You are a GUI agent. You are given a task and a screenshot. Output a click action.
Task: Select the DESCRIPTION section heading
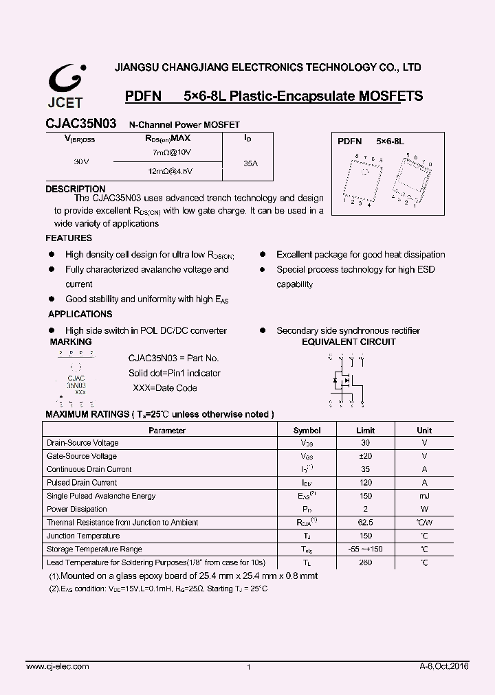75,189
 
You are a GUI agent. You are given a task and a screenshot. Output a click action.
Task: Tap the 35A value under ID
251,164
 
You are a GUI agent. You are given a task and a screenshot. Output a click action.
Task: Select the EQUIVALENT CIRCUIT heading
349,341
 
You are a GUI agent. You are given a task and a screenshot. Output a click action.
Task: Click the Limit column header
365,431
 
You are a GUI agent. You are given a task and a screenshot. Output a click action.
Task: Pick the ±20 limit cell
365,456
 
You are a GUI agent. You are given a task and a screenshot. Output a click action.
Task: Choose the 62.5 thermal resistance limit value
365,523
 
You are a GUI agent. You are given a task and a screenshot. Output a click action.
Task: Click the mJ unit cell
424,496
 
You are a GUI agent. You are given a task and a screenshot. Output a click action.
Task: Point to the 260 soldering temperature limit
365,562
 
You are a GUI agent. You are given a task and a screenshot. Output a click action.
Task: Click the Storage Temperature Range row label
94,549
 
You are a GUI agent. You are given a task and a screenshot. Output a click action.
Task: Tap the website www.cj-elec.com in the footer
57,667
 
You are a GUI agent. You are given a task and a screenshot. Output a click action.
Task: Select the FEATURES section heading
69,238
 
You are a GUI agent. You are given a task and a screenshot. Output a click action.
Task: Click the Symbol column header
307,431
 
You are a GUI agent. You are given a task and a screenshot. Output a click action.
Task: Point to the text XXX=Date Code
164,388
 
